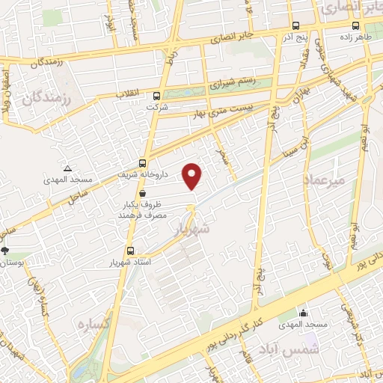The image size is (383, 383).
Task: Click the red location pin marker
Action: click(x=193, y=176)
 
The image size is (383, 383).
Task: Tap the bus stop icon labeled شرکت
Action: click(x=156, y=96)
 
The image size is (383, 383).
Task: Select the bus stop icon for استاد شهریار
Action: click(x=131, y=251)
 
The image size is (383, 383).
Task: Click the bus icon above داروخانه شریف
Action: click(x=143, y=163)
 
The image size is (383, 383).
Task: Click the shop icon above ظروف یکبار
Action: click(x=142, y=193)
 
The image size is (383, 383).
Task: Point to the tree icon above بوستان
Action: click(x=7, y=251)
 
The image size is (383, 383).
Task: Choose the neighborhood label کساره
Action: click(x=94, y=325)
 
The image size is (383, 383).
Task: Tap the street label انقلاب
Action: click(x=129, y=94)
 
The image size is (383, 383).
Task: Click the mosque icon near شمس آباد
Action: click(x=303, y=313)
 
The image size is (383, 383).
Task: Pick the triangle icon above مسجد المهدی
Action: click(x=67, y=168)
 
